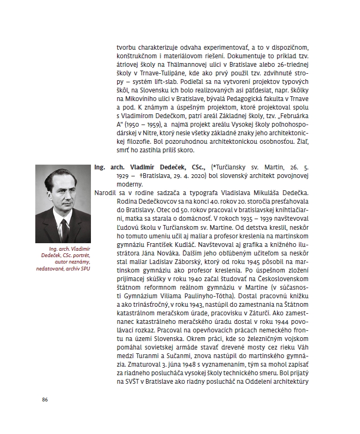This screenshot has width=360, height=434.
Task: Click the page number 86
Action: point(45,399)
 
